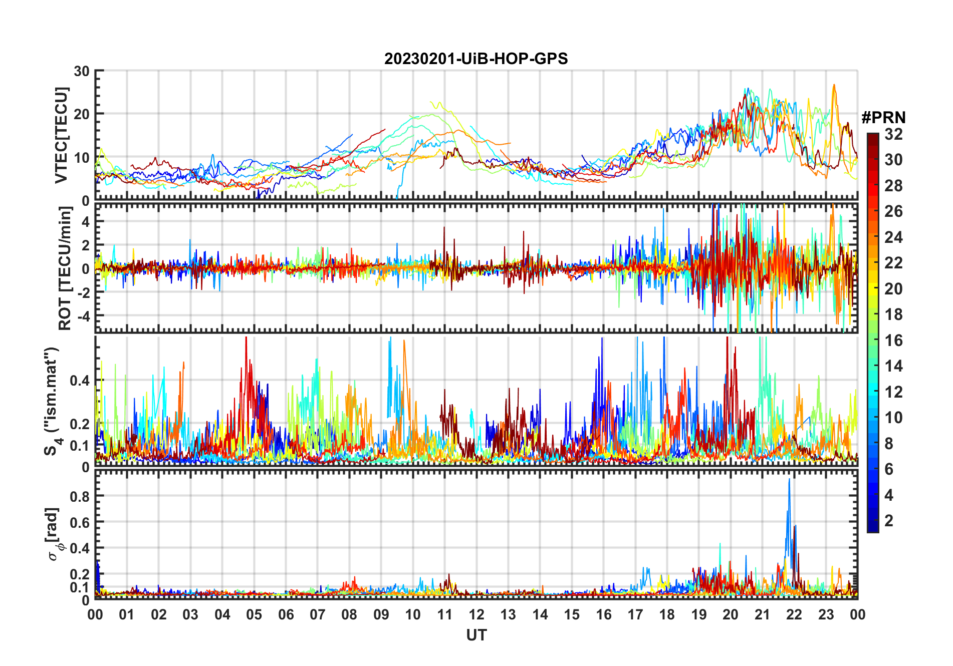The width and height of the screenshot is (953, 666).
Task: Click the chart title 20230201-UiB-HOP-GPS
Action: pyautogui.click(x=476, y=59)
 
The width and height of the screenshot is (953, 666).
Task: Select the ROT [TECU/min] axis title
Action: pyautogui.click(x=65, y=268)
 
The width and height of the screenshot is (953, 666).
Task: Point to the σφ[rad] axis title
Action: pyautogui.click(x=55, y=534)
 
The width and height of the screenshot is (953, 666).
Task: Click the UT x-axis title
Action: pyautogui.click(x=476, y=635)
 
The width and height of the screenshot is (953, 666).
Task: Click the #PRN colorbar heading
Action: pyautogui.click(x=883, y=118)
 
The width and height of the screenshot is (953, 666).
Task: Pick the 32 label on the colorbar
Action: pyautogui.click(x=893, y=134)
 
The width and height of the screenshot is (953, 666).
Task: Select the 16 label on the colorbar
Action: pyautogui.click(x=893, y=341)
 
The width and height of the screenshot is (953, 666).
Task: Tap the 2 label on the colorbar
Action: pyautogui.click(x=889, y=521)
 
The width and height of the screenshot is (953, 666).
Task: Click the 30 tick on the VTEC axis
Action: pyautogui.click(x=82, y=71)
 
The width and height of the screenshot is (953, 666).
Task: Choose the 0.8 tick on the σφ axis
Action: pyautogui.click(x=79, y=496)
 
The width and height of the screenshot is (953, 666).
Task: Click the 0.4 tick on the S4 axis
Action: pyautogui.click(x=79, y=381)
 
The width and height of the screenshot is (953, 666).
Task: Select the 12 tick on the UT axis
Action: pyautogui.click(x=476, y=614)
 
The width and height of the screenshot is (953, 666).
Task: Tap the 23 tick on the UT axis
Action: pyautogui.click(x=826, y=614)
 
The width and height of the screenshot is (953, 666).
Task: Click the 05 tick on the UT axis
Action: pyautogui.click(x=254, y=614)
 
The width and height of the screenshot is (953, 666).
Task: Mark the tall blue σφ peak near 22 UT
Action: pyautogui.click(x=789, y=480)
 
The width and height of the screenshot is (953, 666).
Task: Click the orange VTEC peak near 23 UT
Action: pyautogui.click(x=834, y=85)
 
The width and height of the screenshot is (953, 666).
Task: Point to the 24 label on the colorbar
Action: pyautogui.click(x=893, y=237)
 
